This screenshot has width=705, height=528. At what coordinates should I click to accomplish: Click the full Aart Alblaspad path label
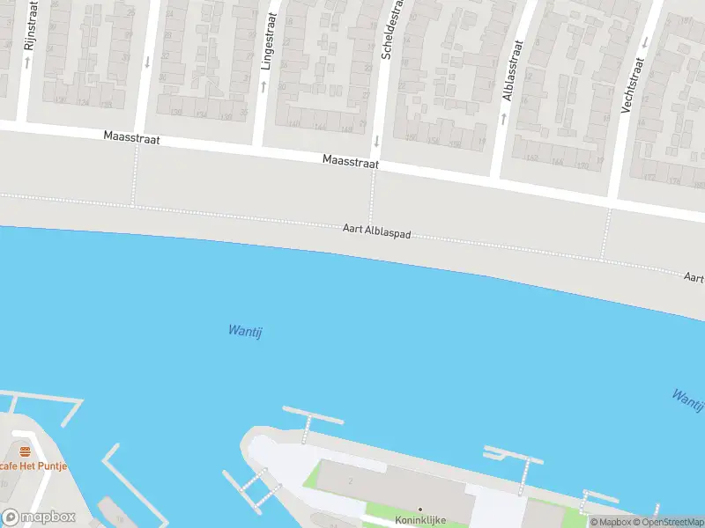click(376, 232)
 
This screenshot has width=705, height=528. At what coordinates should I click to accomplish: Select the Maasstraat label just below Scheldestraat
click(350, 161)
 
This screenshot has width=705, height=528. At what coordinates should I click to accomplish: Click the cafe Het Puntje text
click(33, 466)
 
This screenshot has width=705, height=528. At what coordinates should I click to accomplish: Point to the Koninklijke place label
click(420, 520)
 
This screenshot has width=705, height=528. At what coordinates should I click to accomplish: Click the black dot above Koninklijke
click(420, 509)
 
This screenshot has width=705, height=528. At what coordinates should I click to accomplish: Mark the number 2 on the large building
click(350, 480)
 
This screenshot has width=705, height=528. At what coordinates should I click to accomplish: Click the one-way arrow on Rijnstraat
click(28, 64)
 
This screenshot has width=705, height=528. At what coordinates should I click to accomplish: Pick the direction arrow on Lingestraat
click(263, 85)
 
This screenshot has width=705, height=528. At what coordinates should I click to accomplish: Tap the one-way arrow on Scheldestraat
click(376, 140)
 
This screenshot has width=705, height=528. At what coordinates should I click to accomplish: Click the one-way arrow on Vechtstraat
click(644, 41)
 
